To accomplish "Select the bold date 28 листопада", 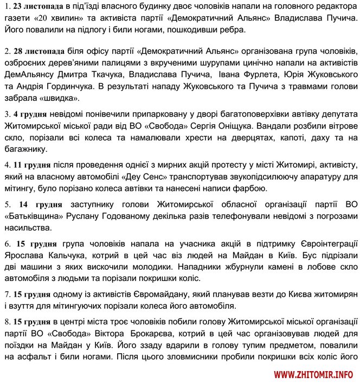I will pyautogui.click(x=37, y=54).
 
